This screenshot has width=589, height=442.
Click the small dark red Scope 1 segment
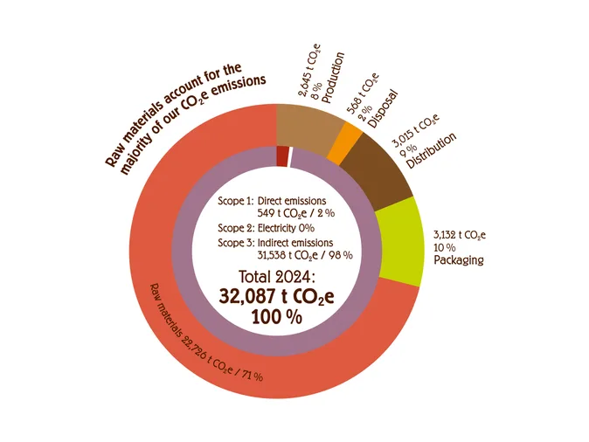(281, 155)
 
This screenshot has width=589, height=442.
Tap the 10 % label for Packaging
(446, 247)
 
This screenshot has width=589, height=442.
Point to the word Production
(333, 79)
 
